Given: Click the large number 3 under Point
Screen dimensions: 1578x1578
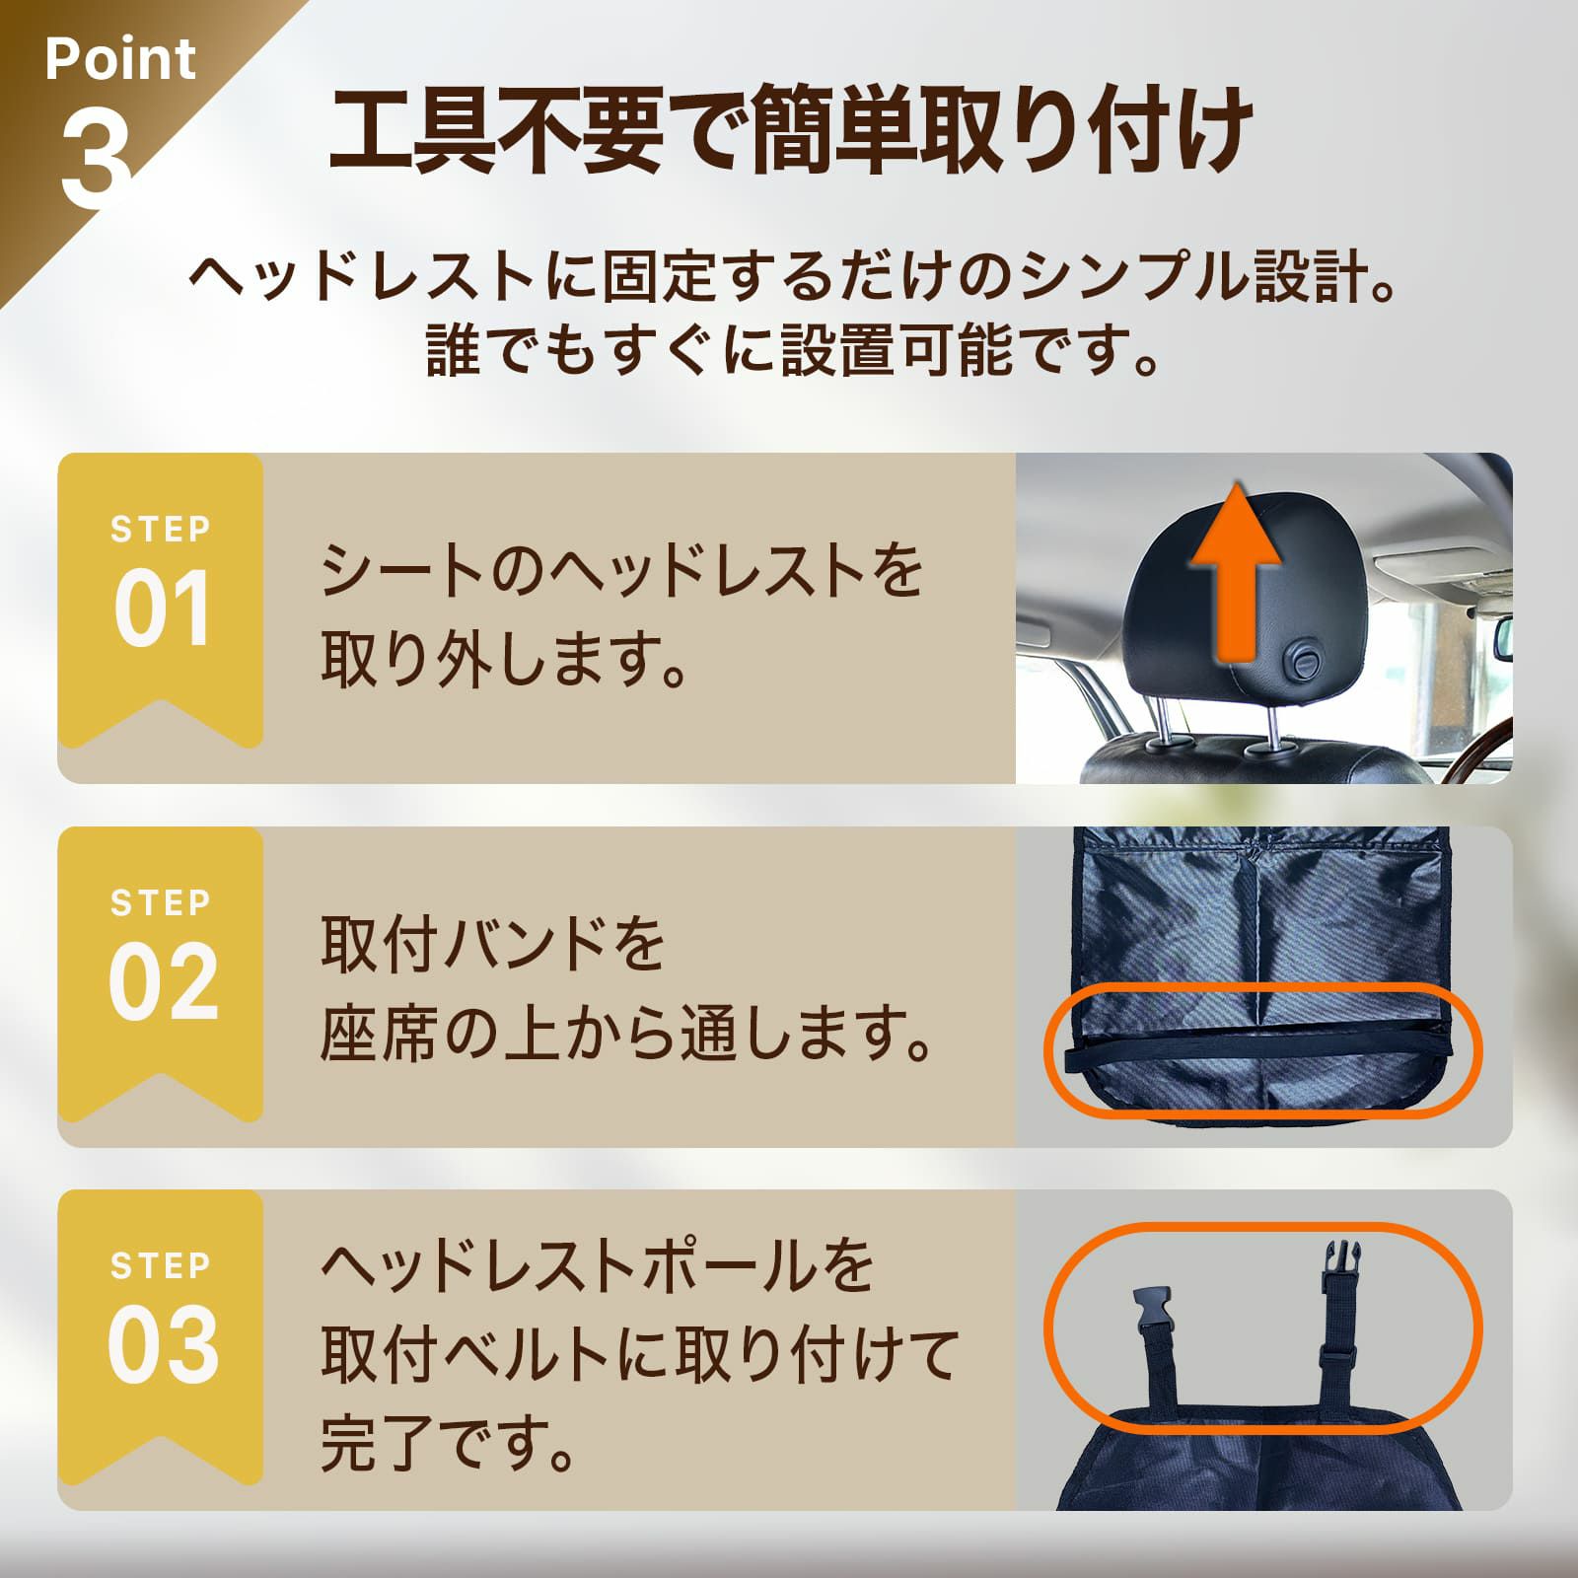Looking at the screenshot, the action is [x=97, y=159].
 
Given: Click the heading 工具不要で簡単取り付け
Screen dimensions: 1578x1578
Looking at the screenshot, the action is [x=790, y=132].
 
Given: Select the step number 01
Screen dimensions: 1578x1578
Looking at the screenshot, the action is [x=162, y=610].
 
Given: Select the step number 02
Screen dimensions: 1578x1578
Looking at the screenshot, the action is [x=163, y=982].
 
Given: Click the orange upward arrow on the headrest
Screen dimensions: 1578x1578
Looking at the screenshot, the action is [x=1236, y=577].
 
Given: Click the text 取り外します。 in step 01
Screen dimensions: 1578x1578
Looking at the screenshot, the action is [x=504, y=660].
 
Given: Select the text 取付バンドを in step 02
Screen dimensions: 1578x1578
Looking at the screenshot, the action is [x=493, y=944].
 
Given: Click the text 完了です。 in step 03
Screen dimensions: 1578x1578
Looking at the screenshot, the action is [x=449, y=1442].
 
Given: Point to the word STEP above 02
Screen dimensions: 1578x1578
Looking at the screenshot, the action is [x=161, y=902].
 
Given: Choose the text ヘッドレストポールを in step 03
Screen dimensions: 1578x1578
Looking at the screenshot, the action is [x=598, y=1265].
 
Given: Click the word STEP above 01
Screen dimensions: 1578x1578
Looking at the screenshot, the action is [x=161, y=530].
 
